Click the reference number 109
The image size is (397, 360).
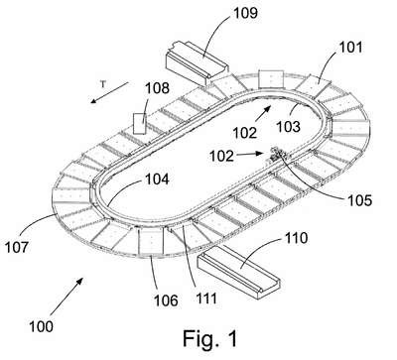tap(245, 13)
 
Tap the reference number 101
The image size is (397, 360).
tap(350, 48)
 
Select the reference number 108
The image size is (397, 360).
tap(157, 88)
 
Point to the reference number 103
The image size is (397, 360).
tap(288, 127)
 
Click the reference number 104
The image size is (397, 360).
tap(157, 179)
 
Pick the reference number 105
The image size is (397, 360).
tap(359, 200)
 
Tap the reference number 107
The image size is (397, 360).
tap(17, 247)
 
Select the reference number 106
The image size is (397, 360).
tap(166, 300)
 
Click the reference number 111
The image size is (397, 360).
tap(206, 299)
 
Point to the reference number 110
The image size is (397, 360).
tap(296, 238)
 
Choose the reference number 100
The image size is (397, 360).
tap(41, 326)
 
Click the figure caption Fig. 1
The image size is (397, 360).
tap(210, 338)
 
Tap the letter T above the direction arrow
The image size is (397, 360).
tap(103, 84)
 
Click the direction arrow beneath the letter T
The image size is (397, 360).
tap(109, 92)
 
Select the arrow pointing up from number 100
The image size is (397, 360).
tap(66, 297)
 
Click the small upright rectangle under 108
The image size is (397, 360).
tap(139, 123)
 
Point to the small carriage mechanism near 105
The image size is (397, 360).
tap(277, 155)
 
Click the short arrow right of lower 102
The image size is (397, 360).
tap(251, 154)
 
